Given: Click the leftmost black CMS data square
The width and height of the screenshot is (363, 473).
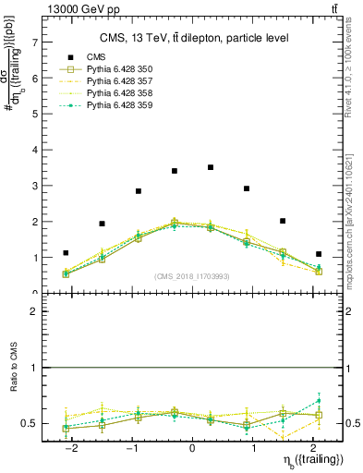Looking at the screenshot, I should click(x=66, y=253).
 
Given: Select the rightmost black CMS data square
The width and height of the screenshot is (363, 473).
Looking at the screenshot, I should click(x=319, y=254).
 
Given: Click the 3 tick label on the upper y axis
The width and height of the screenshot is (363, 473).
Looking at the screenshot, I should click(x=34, y=186).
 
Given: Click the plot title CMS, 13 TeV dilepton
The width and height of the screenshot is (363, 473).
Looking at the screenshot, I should click(x=195, y=38).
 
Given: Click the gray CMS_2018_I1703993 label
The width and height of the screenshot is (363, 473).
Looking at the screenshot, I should click(x=192, y=276).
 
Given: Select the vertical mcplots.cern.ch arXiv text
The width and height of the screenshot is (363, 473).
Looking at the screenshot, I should click(x=354, y=216).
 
